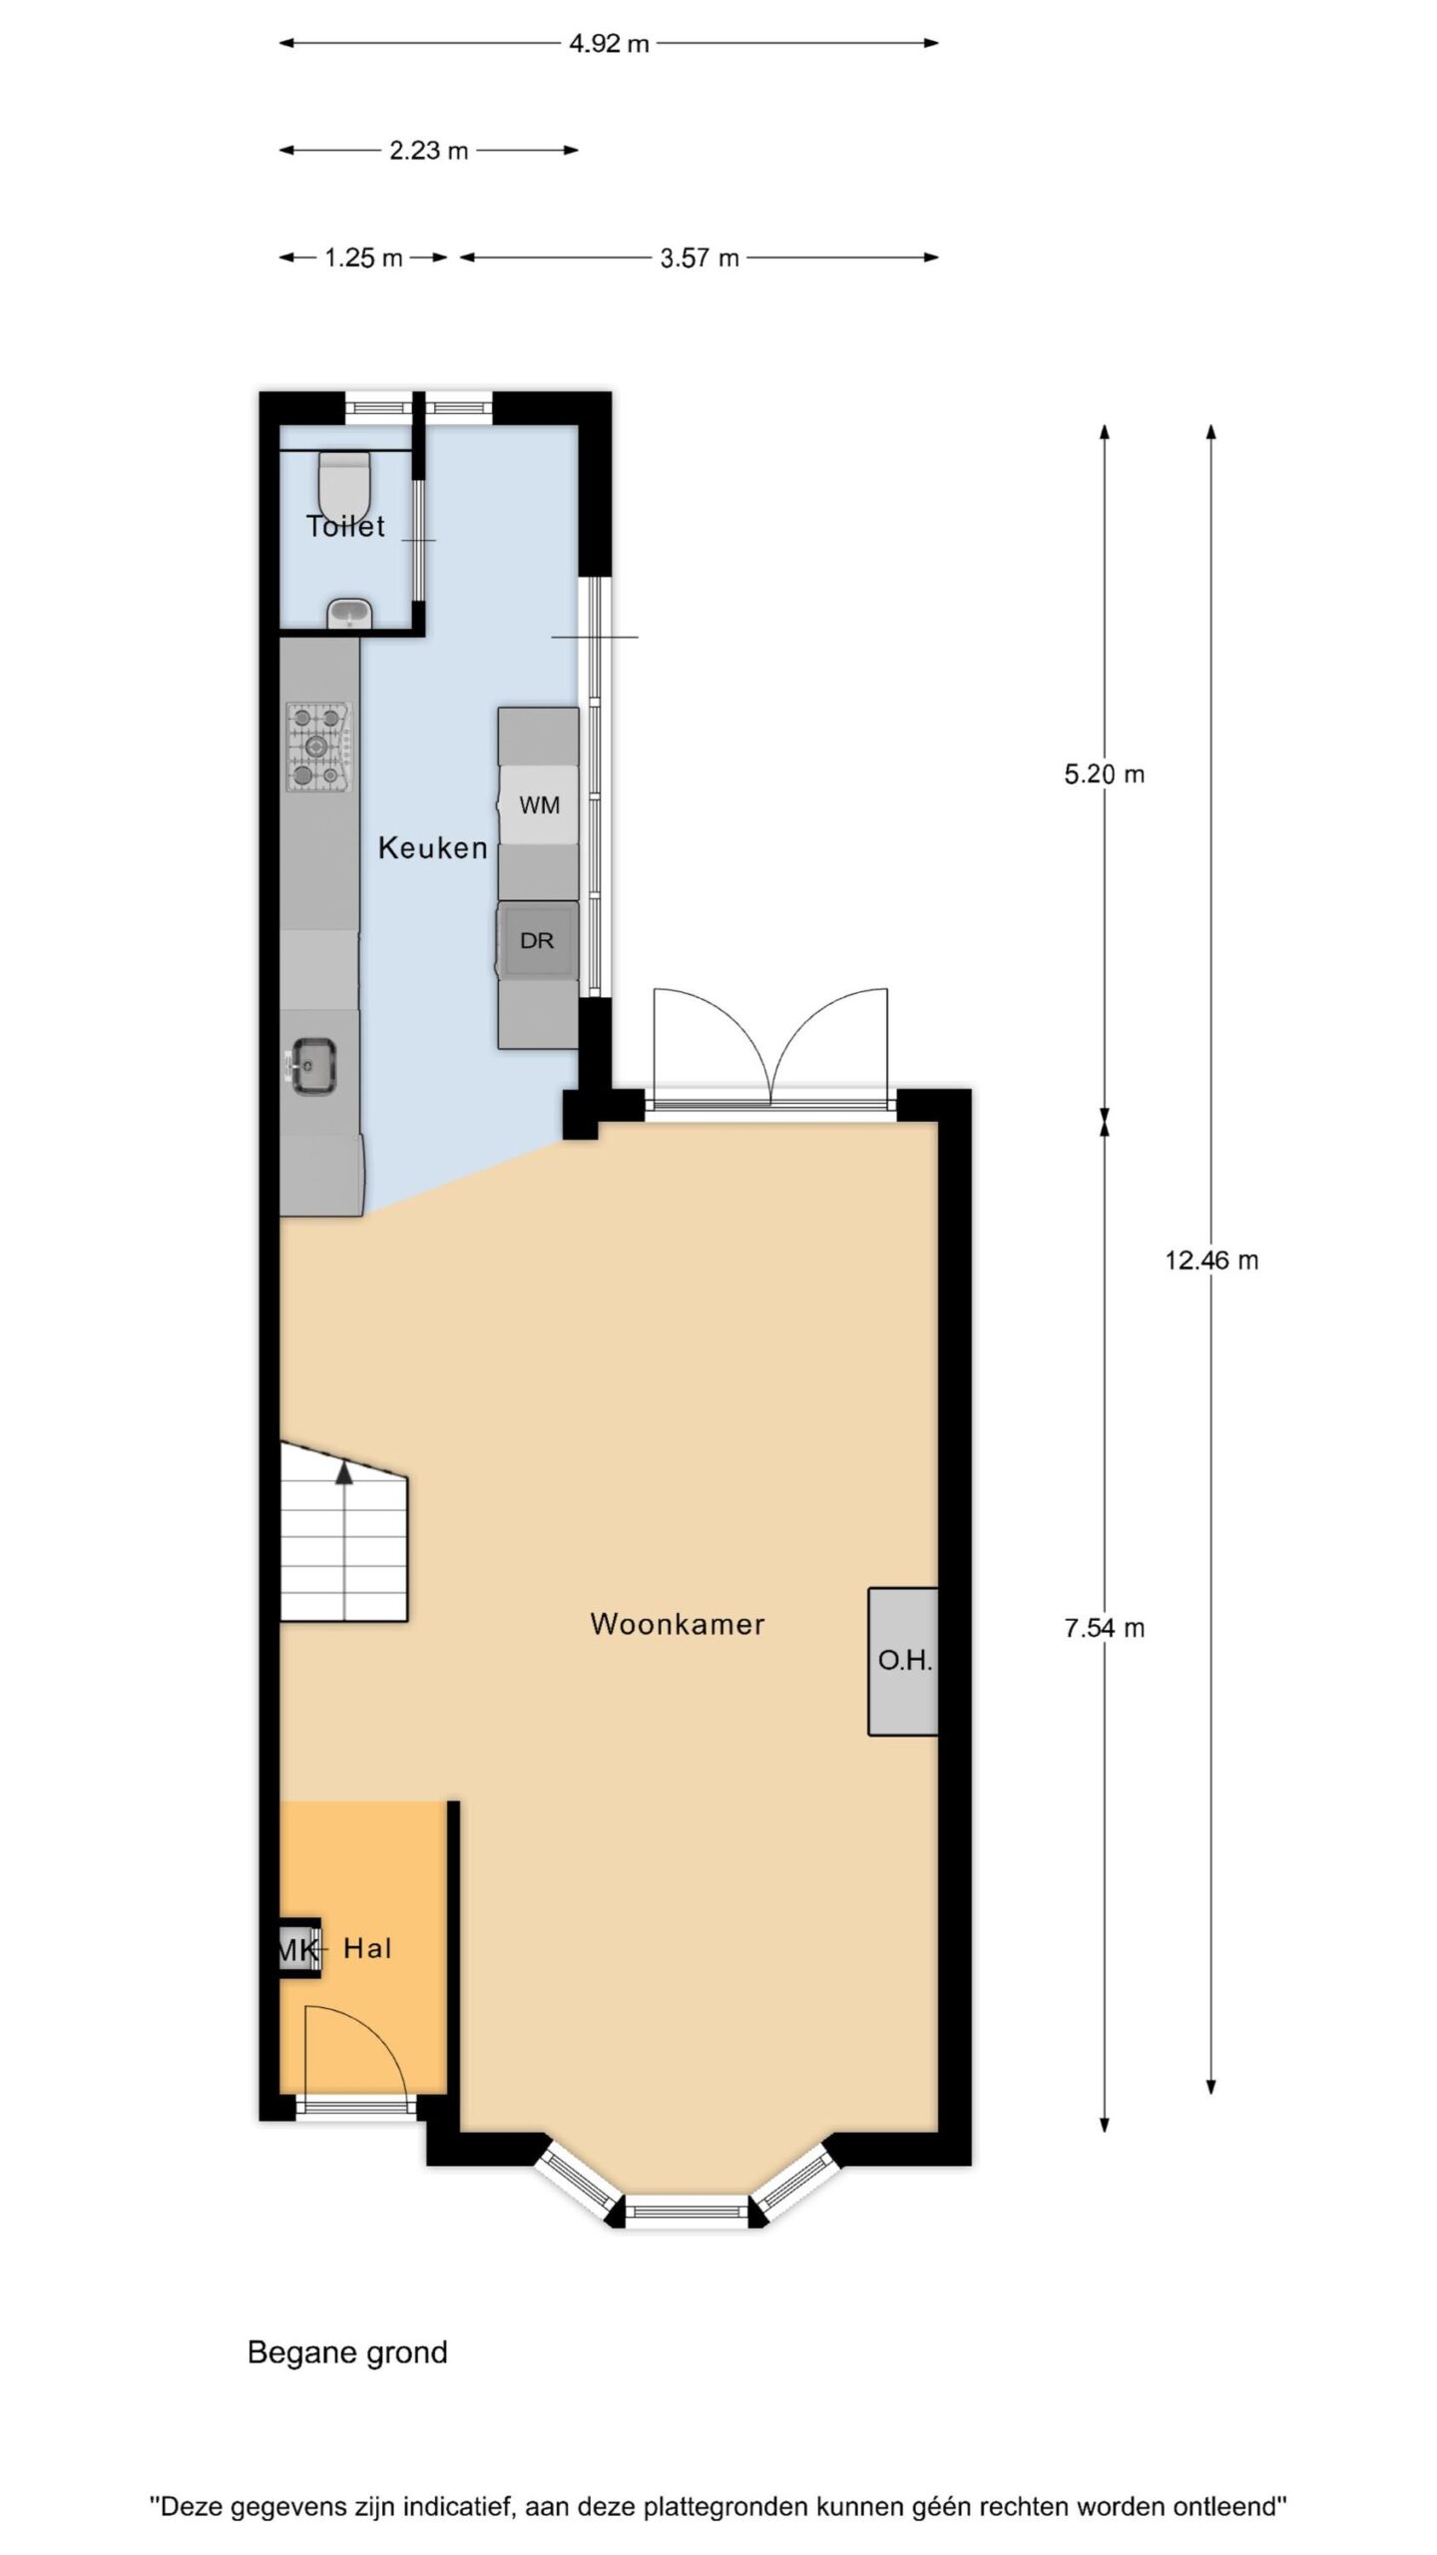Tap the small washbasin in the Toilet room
349,613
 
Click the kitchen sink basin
313,1066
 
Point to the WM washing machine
539,804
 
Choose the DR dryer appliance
537,940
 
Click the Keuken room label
433,848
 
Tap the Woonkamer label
678,1624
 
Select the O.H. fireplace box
903,1661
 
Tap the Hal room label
367,1948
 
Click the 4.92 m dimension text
609,44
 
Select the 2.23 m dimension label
428,151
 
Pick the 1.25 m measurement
363,258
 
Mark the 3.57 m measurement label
700,258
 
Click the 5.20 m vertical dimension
1104,774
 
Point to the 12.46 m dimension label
1211,1261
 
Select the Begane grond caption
347,2352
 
